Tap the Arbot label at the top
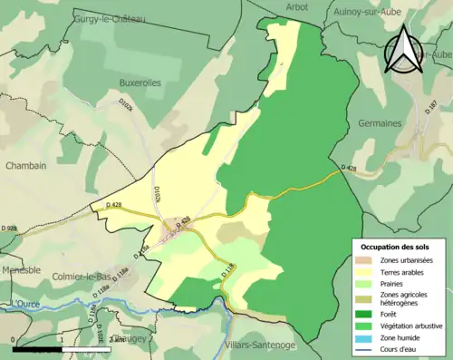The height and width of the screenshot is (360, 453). tap(296, 6)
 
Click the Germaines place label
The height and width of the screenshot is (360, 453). tap(380, 122)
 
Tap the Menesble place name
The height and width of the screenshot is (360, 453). tap(21, 269)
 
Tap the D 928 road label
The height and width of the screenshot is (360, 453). tap(8, 238)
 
